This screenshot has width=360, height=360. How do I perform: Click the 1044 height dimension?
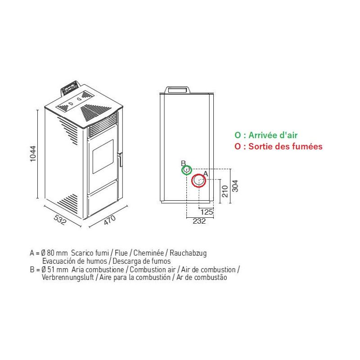[x=33, y=153]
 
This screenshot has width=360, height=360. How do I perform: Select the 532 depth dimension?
[x=60, y=220]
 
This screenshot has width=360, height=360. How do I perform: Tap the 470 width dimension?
[x=110, y=220]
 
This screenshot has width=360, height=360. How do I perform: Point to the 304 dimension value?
[x=235, y=186]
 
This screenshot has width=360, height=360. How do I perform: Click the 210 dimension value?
[x=225, y=191]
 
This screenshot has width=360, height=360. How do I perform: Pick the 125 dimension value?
[x=207, y=212]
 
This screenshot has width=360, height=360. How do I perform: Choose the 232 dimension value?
[x=199, y=221]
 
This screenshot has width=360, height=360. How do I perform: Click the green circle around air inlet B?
[x=187, y=170]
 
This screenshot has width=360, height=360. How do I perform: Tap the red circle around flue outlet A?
[x=199, y=181]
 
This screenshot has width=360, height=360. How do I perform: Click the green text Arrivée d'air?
[x=273, y=135]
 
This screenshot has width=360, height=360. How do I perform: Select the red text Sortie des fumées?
[x=285, y=146]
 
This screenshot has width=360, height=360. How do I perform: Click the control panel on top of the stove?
[x=70, y=87]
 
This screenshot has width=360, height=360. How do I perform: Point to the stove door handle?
[x=120, y=159]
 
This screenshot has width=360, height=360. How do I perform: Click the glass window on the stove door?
[x=103, y=156]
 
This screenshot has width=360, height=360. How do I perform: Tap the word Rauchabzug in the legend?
[x=188, y=253]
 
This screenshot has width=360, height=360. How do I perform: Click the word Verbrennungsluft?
[x=68, y=277]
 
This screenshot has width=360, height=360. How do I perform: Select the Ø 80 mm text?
[x=54, y=253]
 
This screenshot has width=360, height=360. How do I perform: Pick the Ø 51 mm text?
[x=54, y=269]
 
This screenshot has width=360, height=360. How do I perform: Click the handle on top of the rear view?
[x=178, y=90]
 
